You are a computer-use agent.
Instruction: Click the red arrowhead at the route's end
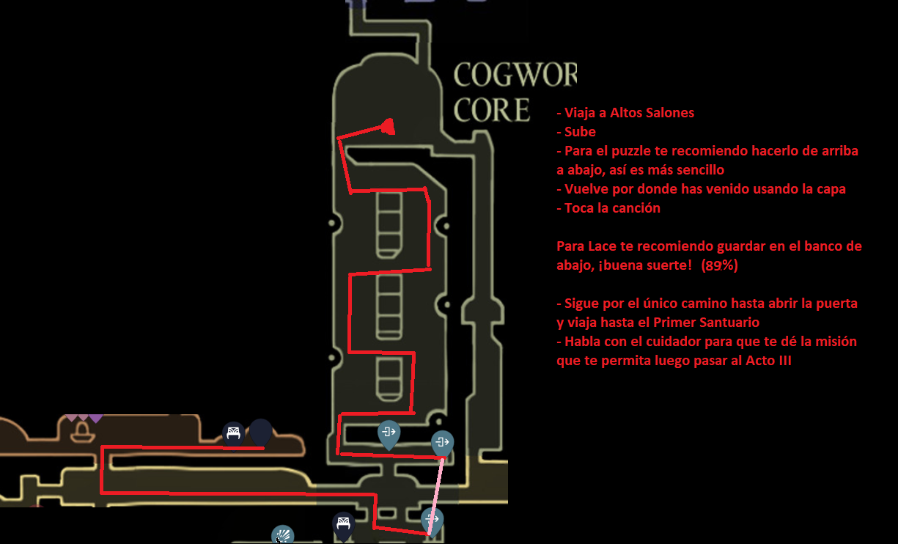click(x=388, y=127)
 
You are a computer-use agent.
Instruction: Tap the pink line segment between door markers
click(x=436, y=496)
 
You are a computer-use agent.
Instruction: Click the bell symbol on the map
click(x=83, y=433)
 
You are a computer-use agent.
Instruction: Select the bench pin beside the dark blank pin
click(x=234, y=435)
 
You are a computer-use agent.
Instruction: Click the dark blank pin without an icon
click(x=260, y=433)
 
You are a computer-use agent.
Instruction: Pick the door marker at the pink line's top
click(x=442, y=444)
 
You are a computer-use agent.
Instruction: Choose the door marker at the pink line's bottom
click(x=433, y=521)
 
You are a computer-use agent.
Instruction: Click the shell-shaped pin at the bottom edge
click(x=283, y=534)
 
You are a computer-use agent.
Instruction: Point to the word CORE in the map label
click(x=492, y=110)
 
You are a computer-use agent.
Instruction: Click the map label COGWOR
click(x=515, y=75)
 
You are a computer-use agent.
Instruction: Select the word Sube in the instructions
click(x=580, y=131)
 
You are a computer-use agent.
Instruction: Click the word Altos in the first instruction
click(x=627, y=113)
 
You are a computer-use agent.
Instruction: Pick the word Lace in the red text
click(x=602, y=246)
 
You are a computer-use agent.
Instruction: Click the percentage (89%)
click(x=720, y=265)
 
